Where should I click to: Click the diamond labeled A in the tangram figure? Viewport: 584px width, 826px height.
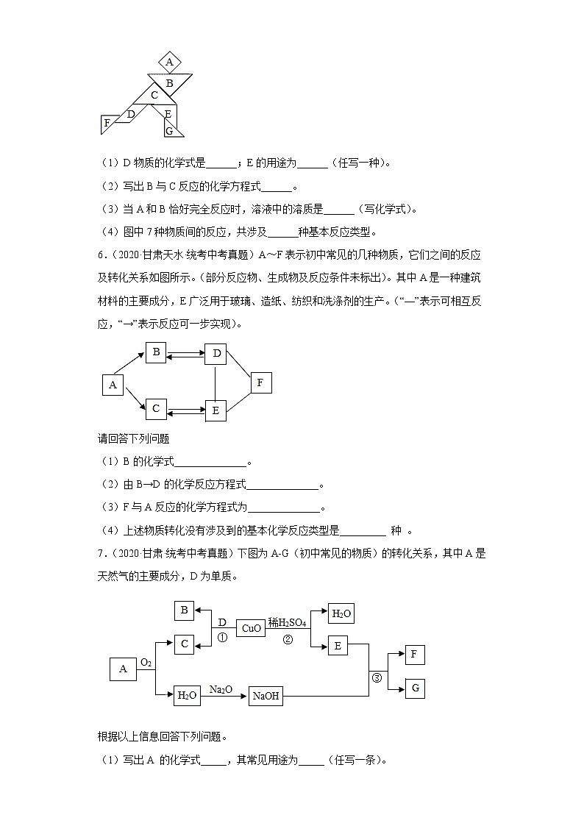169,62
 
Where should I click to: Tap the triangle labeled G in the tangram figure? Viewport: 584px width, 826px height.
169,130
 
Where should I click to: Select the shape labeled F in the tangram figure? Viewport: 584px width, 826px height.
107,124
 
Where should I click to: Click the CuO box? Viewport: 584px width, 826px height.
250,629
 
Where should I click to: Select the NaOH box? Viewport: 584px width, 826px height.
266,696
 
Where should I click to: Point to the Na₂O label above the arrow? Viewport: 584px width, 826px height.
221,688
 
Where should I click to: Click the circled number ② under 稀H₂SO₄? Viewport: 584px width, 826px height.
288,640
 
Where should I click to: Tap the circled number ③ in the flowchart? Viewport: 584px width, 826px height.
377,677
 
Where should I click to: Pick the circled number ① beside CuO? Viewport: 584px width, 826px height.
222,638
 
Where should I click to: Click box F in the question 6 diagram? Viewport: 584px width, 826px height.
260,382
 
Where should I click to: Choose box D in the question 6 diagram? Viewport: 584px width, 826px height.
216,354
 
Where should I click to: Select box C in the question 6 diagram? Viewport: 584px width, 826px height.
155,408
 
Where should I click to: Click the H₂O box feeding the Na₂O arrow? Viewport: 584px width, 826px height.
187,696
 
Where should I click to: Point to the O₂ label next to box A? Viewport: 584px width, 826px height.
146,663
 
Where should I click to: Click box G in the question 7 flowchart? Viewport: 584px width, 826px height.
415,688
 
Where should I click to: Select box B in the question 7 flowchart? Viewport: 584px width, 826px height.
185,610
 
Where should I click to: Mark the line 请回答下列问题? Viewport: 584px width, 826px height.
134,439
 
